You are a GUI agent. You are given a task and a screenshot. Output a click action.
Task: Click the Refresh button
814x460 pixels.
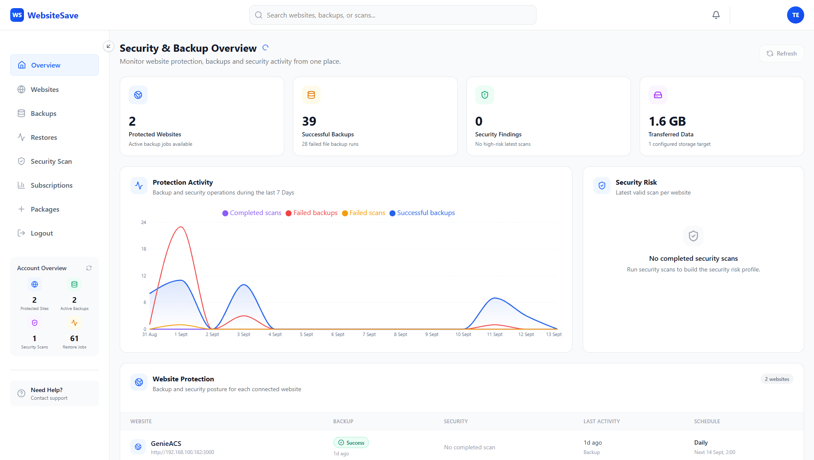tap(782, 53)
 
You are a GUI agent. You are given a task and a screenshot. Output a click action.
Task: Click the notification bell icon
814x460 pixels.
tap(716, 15)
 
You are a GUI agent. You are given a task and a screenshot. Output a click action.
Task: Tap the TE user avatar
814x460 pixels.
tap(795, 15)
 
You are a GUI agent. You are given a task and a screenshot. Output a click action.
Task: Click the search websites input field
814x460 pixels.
tap(392, 15)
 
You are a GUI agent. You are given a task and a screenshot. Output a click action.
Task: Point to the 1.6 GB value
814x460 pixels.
tap(667, 121)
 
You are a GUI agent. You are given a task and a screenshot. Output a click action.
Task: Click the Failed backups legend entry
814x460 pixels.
tap(312, 213)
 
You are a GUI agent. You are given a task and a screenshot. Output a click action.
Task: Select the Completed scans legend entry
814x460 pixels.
tap(252, 213)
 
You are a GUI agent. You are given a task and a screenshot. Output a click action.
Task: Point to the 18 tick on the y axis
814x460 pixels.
tap(144, 249)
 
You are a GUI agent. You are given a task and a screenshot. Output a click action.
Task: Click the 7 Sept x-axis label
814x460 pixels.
tap(369, 334)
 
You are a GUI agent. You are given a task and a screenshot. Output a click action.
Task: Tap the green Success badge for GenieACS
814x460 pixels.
tap(351, 442)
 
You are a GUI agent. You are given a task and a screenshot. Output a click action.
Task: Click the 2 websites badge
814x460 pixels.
tap(777, 379)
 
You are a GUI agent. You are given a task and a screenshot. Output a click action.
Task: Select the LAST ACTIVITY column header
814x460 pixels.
tap(602, 422)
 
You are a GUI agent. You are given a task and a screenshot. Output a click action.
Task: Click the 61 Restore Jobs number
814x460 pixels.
tap(74, 339)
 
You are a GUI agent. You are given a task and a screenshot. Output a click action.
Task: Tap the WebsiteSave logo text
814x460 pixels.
tap(53, 15)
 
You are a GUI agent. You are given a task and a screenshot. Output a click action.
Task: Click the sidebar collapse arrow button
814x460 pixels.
tap(109, 46)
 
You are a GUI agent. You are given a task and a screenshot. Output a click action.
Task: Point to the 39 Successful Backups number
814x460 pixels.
tap(309, 121)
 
